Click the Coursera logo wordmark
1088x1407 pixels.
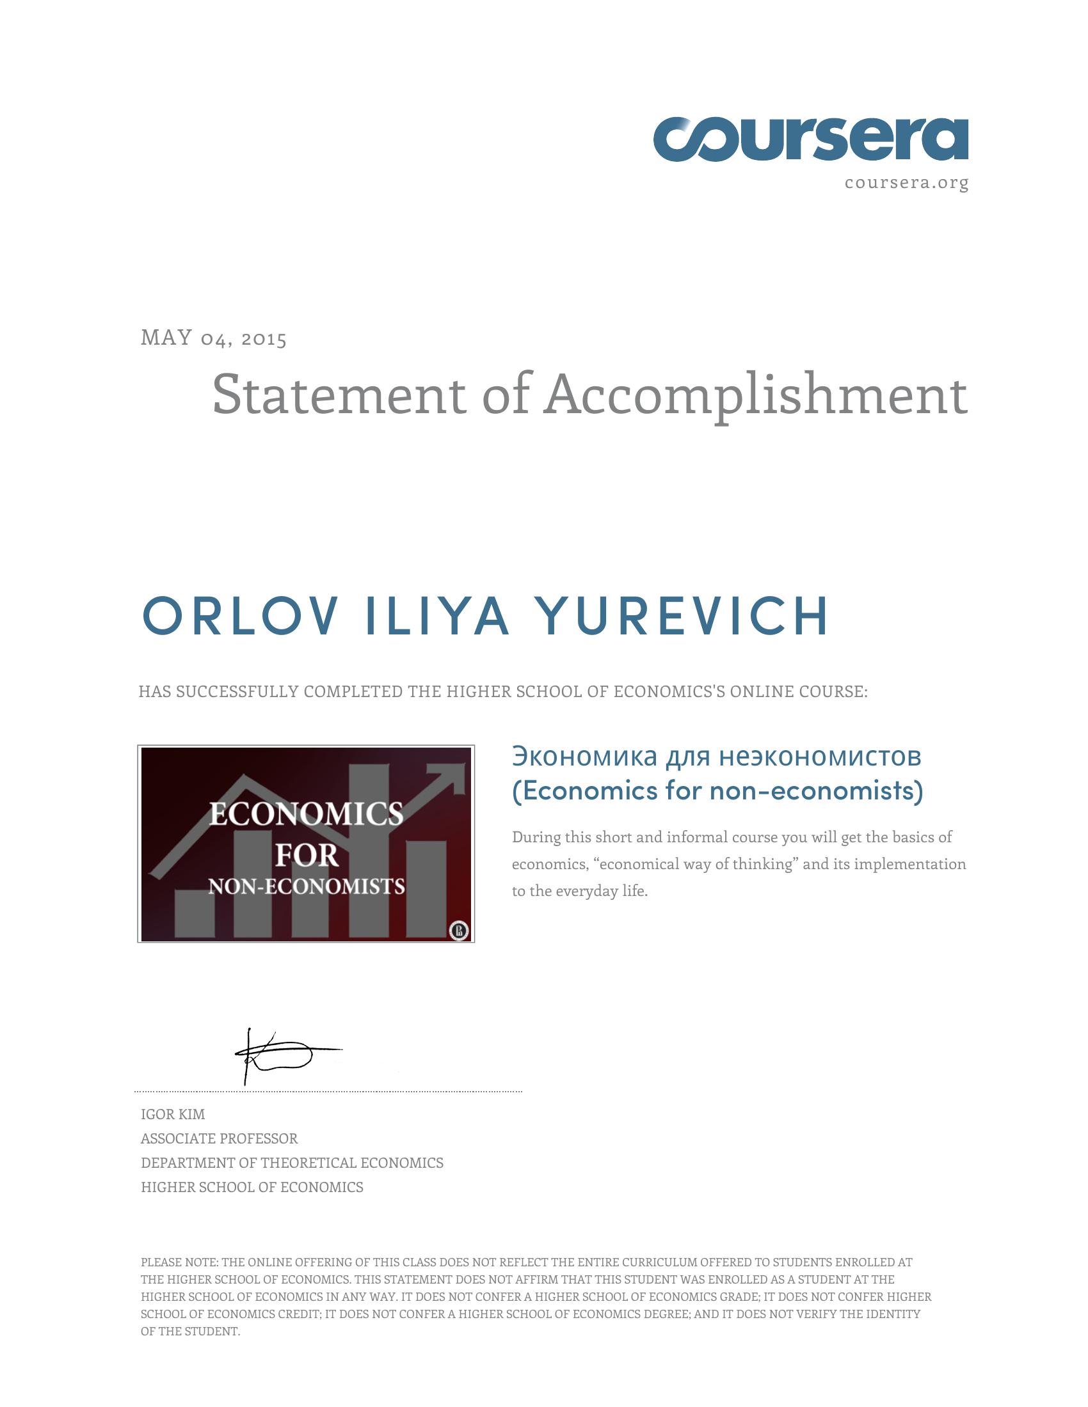(x=810, y=139)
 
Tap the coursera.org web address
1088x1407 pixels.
(x=906, y=183)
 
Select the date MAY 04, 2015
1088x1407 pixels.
(x=213, y=338)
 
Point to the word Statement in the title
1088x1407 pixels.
(x=339, y=394)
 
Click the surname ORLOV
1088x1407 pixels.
(x=241, y=617)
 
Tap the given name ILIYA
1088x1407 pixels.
(x=437, y=617)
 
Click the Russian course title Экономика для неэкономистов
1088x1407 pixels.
(x=716, y=757)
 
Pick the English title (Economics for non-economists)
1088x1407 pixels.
(x=717, y=790)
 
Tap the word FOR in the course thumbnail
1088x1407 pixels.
(x=306, y=856)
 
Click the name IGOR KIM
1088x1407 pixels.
(x=173, y=1114)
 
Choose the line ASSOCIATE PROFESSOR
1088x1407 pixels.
(x=219, y=1138)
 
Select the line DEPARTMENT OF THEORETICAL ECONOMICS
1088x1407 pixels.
(x=292, y=1163)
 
